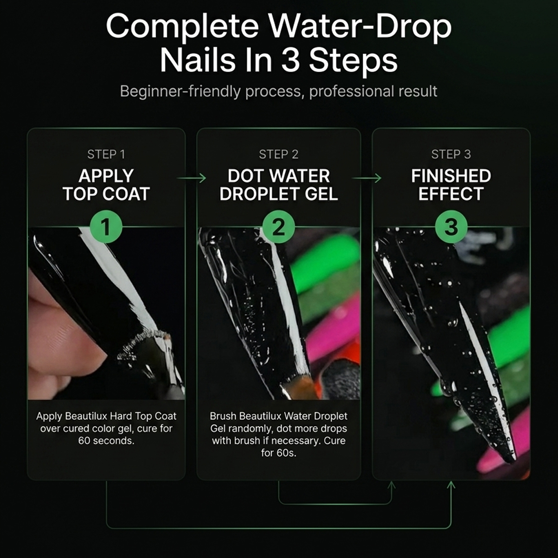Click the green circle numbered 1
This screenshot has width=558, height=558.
(106, 227)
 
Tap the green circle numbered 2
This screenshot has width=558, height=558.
(279, 227)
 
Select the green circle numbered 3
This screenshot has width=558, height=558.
(451, 227)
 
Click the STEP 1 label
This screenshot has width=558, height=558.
(106, 154)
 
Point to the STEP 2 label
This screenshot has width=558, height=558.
(279, 154)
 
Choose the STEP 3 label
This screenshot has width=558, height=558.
(451, 154)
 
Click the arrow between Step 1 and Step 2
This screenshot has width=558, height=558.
(192, 178)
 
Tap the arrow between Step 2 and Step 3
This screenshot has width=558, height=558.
(366, 178)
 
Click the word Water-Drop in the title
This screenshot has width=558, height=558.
(360, 27)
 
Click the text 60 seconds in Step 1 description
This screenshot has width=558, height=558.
(106, 441)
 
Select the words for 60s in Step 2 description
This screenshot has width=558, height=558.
(279, 453)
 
